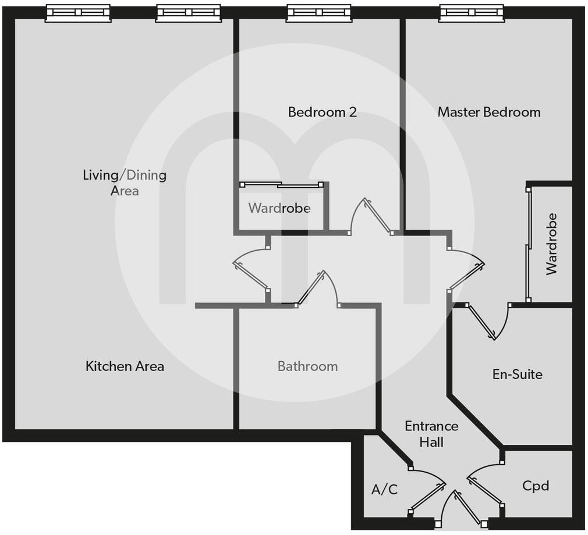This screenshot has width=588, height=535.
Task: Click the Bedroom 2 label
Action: click(x=322, y=112)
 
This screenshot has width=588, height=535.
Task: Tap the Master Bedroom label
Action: click(x=489, y=112)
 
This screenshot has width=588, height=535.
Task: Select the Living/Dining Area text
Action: click(x=125, y=182)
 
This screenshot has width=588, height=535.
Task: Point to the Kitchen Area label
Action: click(x=125, y=366)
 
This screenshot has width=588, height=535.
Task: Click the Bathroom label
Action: click(x=307, y=366)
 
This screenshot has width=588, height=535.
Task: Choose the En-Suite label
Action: click(x=517, y=374)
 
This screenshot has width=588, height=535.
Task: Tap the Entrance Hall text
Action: click(x=431, y=434)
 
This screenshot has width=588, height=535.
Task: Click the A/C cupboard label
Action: click(x=384, y=490)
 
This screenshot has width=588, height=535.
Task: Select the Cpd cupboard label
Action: click(x=536, y=485)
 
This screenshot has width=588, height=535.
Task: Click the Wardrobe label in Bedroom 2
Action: click(x=279, y=208)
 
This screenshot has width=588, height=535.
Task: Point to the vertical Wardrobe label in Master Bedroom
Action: click(x=551, y=244)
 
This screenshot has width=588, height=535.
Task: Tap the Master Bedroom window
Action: click(x=472, y=13)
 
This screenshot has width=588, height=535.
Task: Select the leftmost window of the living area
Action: click(x=78, y=13)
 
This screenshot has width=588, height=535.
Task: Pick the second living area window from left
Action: click(x=189, y=13)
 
